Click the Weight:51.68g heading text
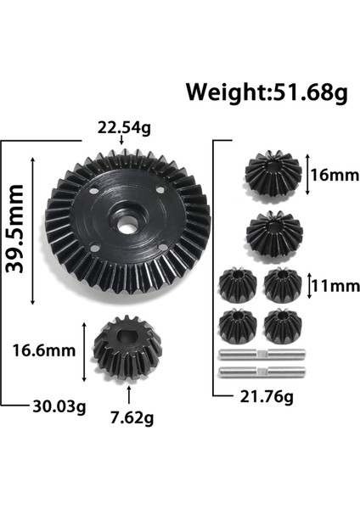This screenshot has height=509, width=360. click(x=267, y=92)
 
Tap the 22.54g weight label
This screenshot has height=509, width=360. click(x=124, y=130)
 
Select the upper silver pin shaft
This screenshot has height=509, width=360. click(x=255, y=355)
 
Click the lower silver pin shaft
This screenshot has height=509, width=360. click(x=255, y=372)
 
